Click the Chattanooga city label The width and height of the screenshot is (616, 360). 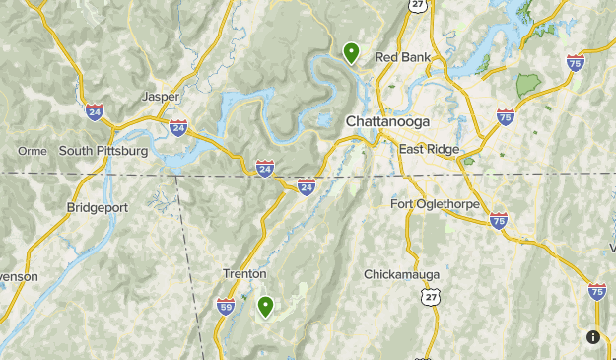pyautogui.click(x=387, y=120)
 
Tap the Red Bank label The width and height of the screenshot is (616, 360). pyautogui.click(x=402, y=57)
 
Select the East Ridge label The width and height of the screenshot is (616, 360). pyautogui.click(x=429, y=149)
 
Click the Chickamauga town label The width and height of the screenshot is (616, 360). pyautogui.click(x=401, y=273)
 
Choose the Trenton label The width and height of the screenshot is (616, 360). pyautogui.click(x=243, y=273)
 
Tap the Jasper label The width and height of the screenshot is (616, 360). pyautogui.click(x=161, y=97)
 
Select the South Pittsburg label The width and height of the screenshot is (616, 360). pyautogui.click(x=103, y=151)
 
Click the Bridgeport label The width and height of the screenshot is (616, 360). pyautogui.click(x=97, y=207)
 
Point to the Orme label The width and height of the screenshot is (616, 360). pyautogui.click(x=33, y=151)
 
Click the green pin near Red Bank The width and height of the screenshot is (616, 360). pyautogui.click(x=351, y=52)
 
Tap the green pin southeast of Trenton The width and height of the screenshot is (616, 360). pyautogui.click(x=265, y=307)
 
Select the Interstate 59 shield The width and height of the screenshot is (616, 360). pyautogui.click(x=226, y=307)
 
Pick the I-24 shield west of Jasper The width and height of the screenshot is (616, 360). pyautogui.click(x=95, y=110)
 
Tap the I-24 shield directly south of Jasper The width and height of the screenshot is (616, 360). pyautogui.click(x=178, y=127)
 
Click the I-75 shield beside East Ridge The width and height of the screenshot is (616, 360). pyautogui.click(x=506, y=117)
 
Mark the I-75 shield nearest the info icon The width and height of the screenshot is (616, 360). pyautogui.click(x=596, y=291)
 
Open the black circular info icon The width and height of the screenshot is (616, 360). pyautogui.click(x=593, y=337)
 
